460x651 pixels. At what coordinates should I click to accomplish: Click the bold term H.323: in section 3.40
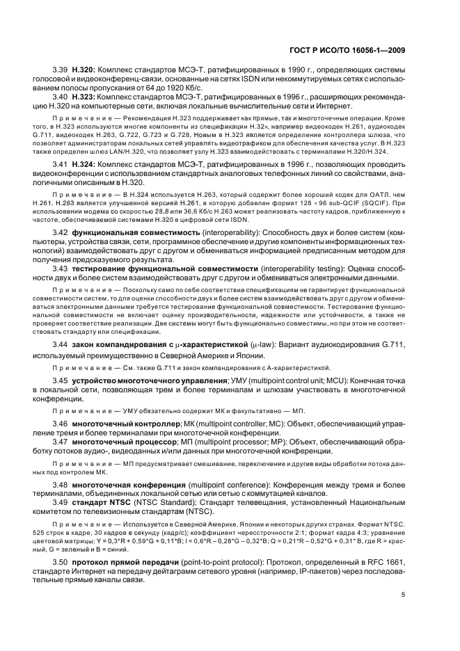[86, 97]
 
